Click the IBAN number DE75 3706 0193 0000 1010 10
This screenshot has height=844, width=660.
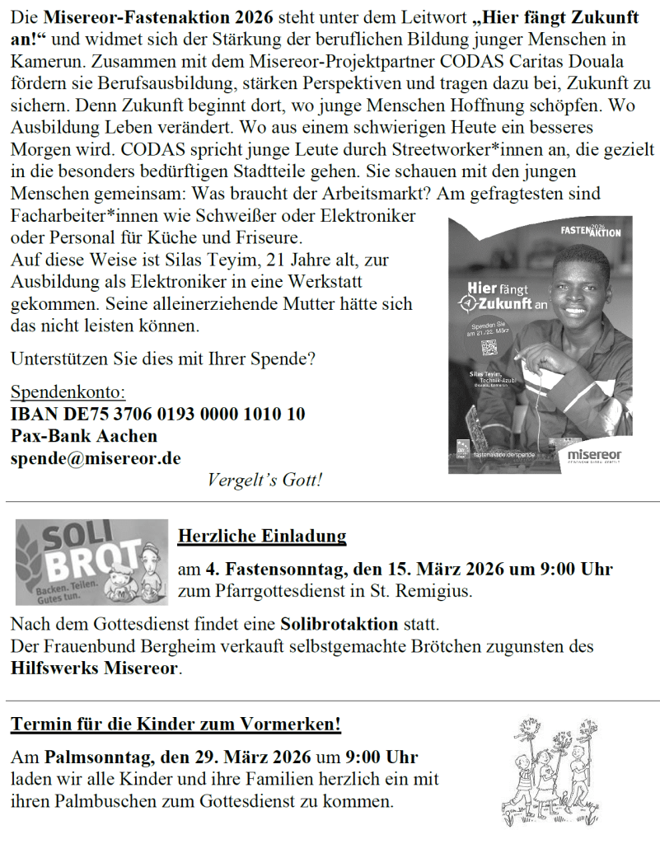tap(157, 414)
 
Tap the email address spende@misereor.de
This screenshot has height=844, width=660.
tap(96, 457)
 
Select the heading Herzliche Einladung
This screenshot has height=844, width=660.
tap(262, 537)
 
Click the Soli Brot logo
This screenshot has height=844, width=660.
tap(91, 562)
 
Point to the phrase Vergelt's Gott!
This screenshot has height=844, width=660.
tap(264, 480)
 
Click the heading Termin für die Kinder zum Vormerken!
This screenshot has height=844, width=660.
tap(176, 725)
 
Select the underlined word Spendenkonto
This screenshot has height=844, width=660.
tap(68, 392)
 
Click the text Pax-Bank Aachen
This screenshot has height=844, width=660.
tap(84, 435)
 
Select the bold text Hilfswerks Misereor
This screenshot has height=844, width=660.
tap(95, 668)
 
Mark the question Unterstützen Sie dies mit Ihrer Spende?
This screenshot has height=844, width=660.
tap(162, 359)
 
